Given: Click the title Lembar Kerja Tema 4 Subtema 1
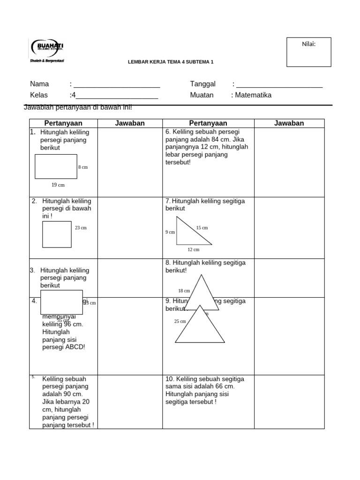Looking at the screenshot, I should [x=171, y=62].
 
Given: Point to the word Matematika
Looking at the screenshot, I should [x=253, y=95].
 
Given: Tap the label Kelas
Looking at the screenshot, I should [x=39, y=95].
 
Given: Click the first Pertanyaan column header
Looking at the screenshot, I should [x=63, y=123].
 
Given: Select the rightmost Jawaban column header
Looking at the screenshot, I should [x=289, y=123].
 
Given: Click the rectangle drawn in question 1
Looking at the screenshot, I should [x=56, y=166].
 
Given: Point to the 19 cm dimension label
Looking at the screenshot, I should [x=58, y=185].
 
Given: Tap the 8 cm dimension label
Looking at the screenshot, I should [x=83, y=167].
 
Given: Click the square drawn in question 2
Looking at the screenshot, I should [x=57, y=234].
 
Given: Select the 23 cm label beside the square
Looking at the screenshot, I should [x=81, y=228].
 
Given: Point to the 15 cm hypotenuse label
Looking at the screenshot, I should [x=202, y=228].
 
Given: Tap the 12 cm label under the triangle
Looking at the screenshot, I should [x=193, y=249].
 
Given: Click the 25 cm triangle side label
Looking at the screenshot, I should [x=180, y=321].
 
